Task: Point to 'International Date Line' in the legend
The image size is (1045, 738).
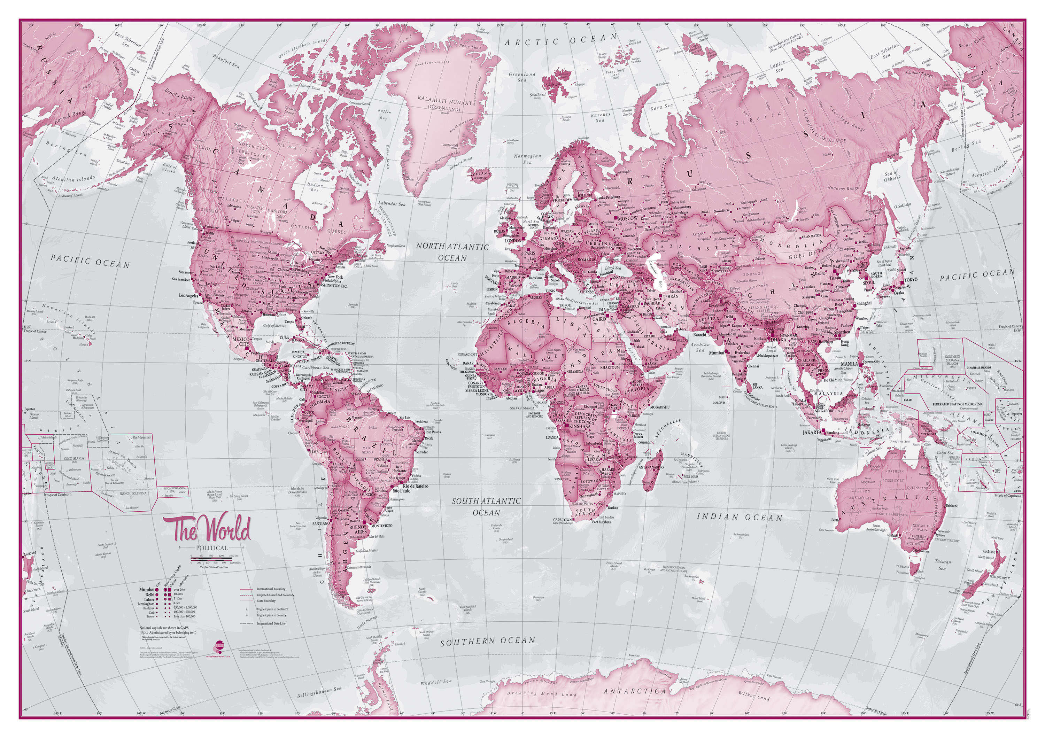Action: (x=272, y=623)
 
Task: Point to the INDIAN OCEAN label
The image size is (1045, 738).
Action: (x=740, y=517)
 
